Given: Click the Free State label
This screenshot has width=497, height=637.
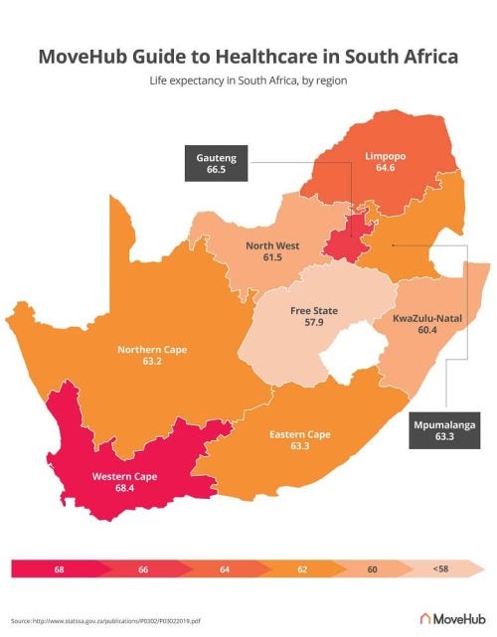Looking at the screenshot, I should coord(313,311).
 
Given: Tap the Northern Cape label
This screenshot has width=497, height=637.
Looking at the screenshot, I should coord(152,350).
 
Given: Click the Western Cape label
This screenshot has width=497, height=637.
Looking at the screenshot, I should coord(125,477).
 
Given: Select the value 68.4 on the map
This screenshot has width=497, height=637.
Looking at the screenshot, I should coord(125,489).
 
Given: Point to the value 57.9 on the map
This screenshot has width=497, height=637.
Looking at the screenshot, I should coord(313,323).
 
